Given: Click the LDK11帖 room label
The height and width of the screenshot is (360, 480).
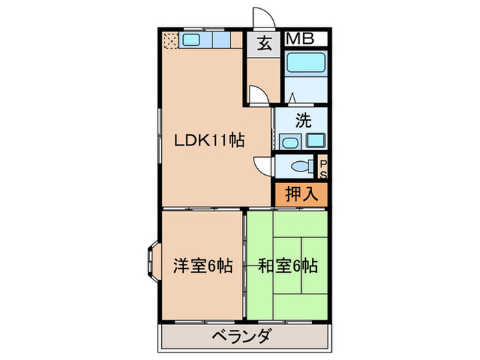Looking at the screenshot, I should (209, 140).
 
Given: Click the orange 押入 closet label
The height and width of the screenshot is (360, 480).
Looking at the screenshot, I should (301, 193).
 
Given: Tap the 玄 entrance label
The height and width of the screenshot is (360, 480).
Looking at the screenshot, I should (264, 43).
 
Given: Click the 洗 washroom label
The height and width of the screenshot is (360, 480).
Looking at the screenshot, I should (302, 121).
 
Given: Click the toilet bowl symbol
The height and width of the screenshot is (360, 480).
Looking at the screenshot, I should (299, 166).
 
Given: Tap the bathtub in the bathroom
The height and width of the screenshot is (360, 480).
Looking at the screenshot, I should (306, 64).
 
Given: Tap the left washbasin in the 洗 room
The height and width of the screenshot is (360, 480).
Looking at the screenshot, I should (289, 141).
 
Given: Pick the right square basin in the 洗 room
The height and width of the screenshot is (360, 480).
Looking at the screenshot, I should (315, 141).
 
